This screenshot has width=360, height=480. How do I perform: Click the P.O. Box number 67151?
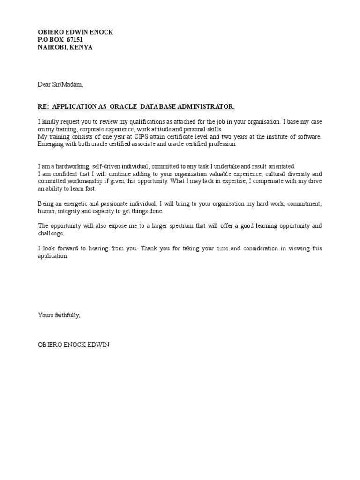coord(75,40)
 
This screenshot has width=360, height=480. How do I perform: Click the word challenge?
coord(51,233)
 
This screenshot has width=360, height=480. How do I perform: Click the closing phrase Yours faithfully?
coord(60,315)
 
